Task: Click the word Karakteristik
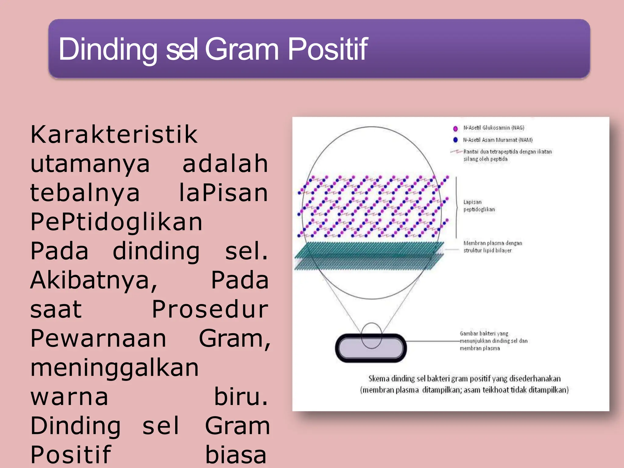point(114,134)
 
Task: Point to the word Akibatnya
point(94,280)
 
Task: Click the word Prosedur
point(210,310)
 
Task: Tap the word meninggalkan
point(115,368)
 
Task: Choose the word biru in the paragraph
point(241,397)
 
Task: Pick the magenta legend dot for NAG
point(456,129)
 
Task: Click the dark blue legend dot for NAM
point(456,140)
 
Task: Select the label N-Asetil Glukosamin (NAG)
point(494,128)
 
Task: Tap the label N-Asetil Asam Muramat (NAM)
point(498,140)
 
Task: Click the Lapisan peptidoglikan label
point(479,206)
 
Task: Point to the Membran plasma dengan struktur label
point(492,247)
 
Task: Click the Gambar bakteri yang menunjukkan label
point(493,341)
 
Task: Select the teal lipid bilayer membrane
point(369,256)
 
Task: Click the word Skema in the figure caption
point(379,379)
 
